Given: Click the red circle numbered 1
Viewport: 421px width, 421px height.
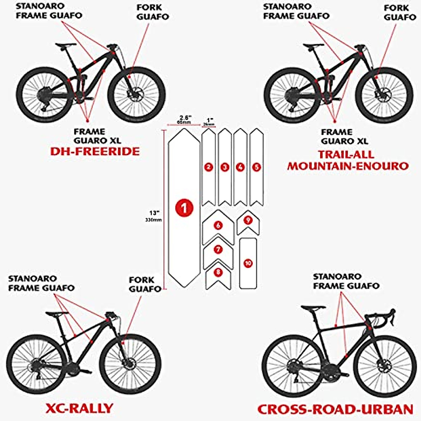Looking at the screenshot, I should pos(184,208).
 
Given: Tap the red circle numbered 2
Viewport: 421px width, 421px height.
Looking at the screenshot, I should pos(208,167).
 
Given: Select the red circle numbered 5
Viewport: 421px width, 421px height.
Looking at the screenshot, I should pos(256,167).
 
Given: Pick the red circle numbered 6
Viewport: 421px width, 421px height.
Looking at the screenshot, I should pos(218,225).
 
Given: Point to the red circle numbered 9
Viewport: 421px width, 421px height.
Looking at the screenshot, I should pos(248,220).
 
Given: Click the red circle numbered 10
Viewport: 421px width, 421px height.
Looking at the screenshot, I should pos(248,263).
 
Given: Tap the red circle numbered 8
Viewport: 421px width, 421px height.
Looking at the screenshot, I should pos(219,272).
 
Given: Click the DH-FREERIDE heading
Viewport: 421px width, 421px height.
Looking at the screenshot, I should pos(95,151).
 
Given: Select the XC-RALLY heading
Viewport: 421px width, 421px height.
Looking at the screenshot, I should pos(80,408).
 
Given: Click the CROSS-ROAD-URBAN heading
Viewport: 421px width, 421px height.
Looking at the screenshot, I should pos(335,409).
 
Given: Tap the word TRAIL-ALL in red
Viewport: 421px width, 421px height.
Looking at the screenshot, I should pos(346,154).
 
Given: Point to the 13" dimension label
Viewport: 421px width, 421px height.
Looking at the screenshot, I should pos(154,213).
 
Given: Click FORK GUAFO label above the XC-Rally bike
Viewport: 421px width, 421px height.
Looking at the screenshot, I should pos(142,284).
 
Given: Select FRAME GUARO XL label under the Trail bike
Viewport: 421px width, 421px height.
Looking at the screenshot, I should pos(345,136).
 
